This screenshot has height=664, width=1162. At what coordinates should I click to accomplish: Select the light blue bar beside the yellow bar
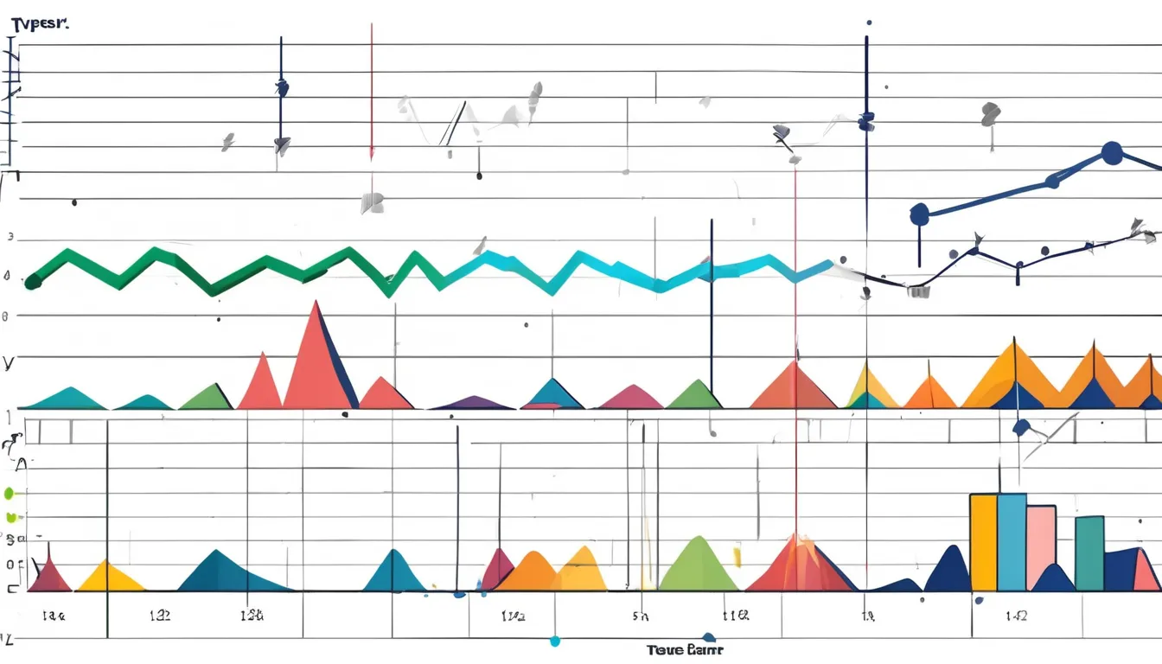point(1012,540)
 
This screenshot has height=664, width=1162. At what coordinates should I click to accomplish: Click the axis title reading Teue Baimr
point(684,649)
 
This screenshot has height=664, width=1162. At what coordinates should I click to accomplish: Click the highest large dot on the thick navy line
point(1112,154)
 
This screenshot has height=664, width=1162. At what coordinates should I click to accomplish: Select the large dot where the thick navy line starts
point(919,213)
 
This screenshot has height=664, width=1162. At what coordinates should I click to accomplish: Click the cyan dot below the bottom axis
point(554,642)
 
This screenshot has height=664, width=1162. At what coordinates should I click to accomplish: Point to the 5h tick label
point(641,617)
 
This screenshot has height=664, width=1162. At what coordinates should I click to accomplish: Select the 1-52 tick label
point(1016,616)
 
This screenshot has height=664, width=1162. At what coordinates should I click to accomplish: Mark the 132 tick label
point(160,616)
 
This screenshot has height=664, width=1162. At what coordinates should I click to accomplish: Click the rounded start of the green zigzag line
point(33,280)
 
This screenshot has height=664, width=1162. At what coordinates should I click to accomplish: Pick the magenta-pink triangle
point(632,398)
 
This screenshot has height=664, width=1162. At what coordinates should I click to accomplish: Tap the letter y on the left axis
point(9,362)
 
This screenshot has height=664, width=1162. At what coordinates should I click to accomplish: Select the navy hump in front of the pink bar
point(1054,579)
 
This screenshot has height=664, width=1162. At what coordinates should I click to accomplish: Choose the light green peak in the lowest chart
point(697,566)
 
